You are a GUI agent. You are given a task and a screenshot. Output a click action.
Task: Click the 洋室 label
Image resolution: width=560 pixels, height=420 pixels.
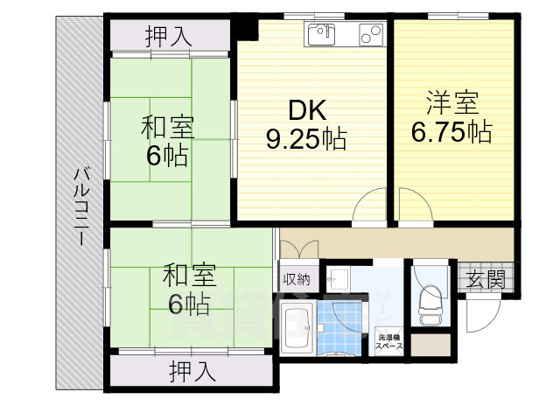coord(452,102)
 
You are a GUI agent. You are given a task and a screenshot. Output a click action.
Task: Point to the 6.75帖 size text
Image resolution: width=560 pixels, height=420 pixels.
coord(451,131)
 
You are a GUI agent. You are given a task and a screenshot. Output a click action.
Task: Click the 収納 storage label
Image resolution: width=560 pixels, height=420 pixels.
coord(296,280)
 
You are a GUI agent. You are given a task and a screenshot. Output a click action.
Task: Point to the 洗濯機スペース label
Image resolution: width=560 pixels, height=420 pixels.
coord(389,342)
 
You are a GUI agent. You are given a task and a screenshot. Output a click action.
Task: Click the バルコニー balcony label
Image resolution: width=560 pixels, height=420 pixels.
coord(80,206)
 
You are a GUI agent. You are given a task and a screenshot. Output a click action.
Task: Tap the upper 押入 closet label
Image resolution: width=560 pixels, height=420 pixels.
coord(168,37)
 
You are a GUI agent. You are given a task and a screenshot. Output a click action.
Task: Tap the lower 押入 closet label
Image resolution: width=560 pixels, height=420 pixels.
coord(192,371)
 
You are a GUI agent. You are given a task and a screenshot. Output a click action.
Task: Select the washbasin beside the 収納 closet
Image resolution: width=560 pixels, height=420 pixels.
coord(337,280)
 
